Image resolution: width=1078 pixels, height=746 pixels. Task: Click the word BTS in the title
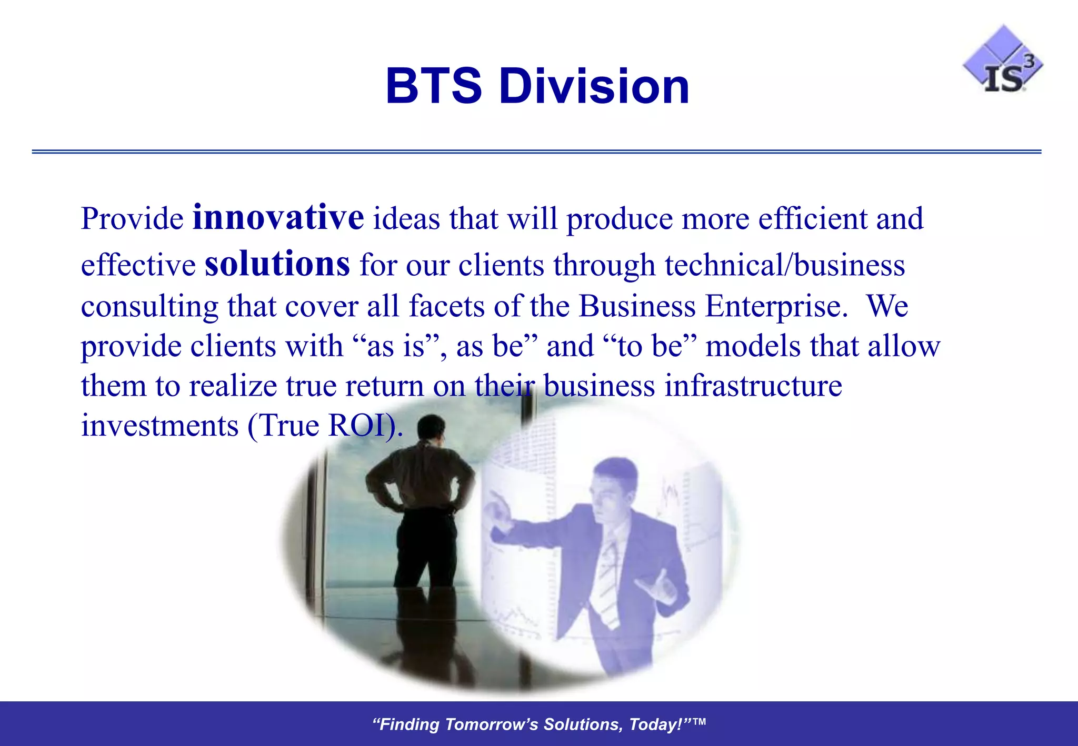tap(433, 86)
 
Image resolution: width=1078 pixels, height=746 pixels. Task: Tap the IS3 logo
tap(1003, 61)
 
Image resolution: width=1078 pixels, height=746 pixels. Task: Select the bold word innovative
tap(278, 217)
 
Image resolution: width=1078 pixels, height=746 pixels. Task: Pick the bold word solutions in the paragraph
tap(277, 264)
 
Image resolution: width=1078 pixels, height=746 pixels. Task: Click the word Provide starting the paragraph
tap(132, 219)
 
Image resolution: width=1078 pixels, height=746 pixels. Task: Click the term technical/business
tap(784, 265)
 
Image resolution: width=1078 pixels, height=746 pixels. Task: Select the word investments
tap(159, 425)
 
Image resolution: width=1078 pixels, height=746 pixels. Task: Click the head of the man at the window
tap(432, 427)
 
